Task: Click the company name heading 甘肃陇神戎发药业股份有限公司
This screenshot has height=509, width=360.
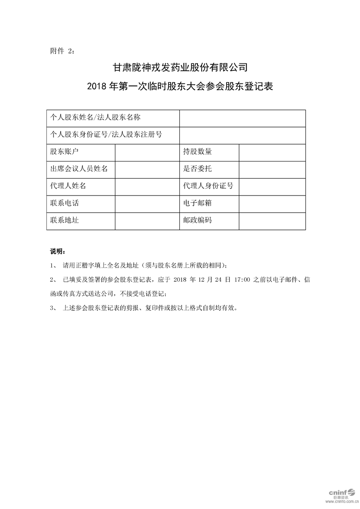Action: coord(180,68)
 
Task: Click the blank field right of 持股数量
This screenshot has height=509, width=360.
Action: coord(272,152)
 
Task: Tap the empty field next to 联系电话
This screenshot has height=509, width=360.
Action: coord(147,203)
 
